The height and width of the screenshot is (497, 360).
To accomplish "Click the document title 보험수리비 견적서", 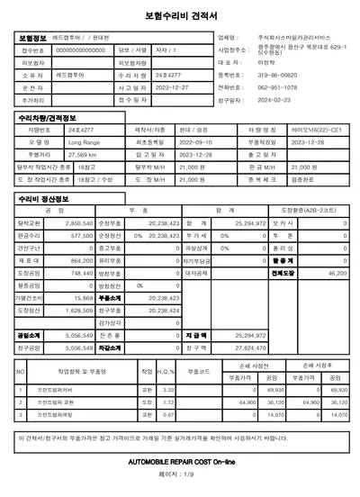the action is [179, 16].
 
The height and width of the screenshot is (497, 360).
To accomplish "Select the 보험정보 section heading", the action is [35, 38].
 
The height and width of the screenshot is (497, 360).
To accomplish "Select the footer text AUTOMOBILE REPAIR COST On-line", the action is [179, 461].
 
